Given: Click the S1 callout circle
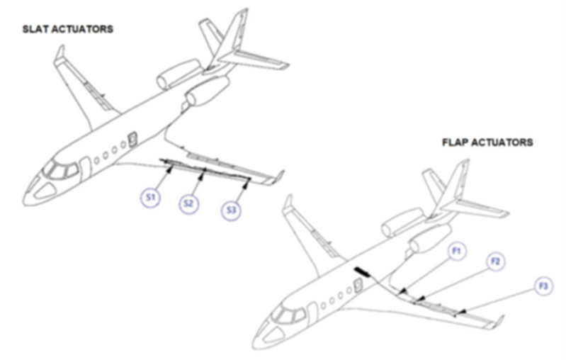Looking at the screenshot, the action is pyautogui.click(x=150, y=198).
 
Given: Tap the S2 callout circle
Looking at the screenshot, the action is pyautogui.click(x=189, y=203).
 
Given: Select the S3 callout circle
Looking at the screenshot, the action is pyautogui.click(x=232, y=210).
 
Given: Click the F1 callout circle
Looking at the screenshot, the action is pyautogui.click(x=457, y=251).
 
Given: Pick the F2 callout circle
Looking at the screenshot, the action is pyautogui.click(x=496, y=261).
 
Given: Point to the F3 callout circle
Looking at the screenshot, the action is pyautogui.click(x=543, y=286).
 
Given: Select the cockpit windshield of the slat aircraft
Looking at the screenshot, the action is pyautogui.click(x=61, y=169).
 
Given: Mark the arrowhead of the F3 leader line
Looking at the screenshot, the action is pyautogui.click(x=463, y=311).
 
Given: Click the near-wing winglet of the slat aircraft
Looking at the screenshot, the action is pyautogui.click(x=278, y=177).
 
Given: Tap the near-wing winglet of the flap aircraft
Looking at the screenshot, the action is pyautogui.click(x=499, y=321).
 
